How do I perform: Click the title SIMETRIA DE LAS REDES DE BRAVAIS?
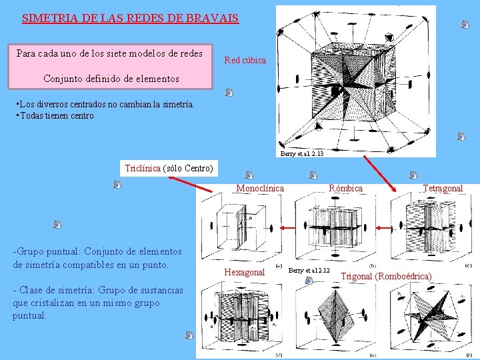point(130,19)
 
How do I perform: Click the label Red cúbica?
point(245,60)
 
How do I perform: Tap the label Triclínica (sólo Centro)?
point(169,168)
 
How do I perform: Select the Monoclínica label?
point(260,189)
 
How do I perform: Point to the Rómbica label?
point(345,189)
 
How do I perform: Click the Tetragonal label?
point(442,189)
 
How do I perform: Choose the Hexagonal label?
point(245,273)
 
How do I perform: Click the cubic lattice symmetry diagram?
point(355,80)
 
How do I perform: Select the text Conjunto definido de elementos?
point(111,79)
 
